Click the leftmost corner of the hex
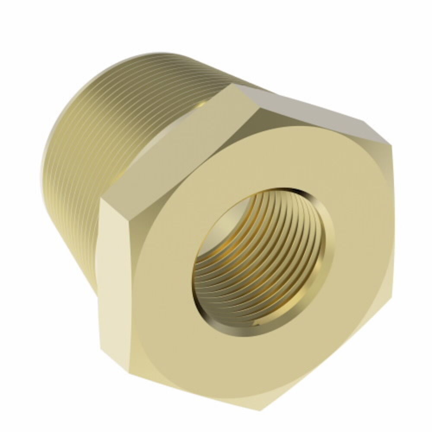(101, 200)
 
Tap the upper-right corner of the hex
(391, 143)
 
